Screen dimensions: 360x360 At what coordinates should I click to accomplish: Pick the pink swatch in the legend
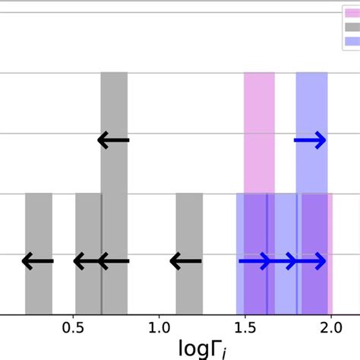pos(351,13)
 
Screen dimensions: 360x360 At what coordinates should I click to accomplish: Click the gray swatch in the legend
pos(351,27)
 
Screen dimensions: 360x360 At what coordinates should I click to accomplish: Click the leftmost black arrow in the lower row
pos(38,262)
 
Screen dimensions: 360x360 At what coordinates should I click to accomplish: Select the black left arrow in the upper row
pos(114,140)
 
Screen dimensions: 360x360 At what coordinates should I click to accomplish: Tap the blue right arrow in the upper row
pos(310,140)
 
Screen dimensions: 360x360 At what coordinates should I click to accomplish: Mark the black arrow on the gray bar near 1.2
pos(185,262)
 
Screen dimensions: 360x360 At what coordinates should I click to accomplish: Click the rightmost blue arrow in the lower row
pos(310,262)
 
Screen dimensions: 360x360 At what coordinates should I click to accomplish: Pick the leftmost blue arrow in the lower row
pos(254,262)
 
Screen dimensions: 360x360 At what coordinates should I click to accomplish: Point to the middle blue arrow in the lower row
pos(283,262)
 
